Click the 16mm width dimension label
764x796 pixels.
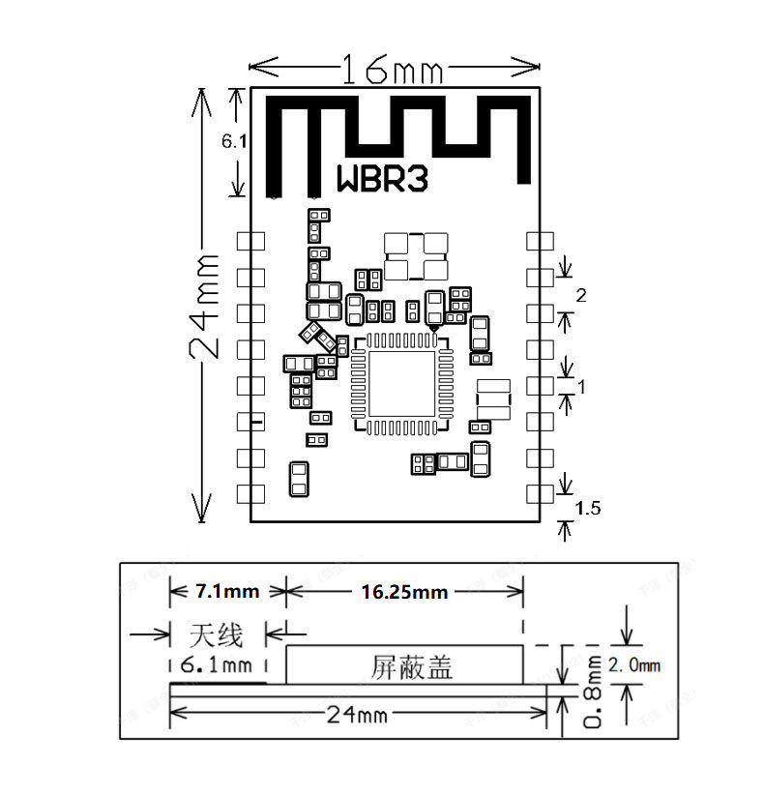[x=391, y=69]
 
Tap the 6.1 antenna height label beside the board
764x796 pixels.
[x=234, y=141]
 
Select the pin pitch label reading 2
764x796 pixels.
[x=580, y=297]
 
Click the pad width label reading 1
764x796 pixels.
[x=581, y=386]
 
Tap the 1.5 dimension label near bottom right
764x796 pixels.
[x=587, y=508]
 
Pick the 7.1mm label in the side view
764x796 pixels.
[x=226, y=590]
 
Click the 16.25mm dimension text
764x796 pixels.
[x=404, y=591]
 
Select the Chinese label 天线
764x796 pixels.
[x=215, y=634]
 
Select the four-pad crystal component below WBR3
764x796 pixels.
[x=416, y=256]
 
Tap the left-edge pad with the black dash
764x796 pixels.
[x=251, y=422]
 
